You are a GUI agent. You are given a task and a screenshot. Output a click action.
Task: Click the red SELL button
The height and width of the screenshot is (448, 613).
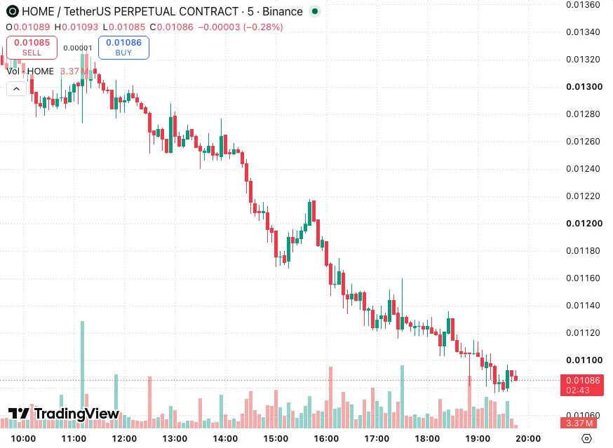pyautogui.click(x=32, y=48)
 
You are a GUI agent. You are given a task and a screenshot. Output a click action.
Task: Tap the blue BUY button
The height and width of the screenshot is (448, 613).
pyautogui.click(x=123, y=48)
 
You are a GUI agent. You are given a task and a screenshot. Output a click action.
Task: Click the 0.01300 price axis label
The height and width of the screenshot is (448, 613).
pyautogui.click(x=584, y=87)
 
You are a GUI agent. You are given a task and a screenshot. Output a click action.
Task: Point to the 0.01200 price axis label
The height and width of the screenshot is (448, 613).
pyautogui.click(x=584, y=224)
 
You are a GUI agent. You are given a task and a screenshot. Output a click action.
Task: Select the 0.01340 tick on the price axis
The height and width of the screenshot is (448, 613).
pyautogui.click(x=583, y=32)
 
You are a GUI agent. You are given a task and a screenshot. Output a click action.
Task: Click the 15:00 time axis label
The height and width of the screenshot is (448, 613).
pyautogui.click(x=276, y=439)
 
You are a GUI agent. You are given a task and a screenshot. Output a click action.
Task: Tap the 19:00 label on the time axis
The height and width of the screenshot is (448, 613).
pyautogui.click(x=478, y=439)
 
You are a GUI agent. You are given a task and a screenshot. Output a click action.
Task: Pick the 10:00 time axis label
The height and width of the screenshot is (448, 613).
pyautogui.click(x=23, y=439)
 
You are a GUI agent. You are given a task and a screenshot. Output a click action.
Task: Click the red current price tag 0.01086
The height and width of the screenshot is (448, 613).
pyautogui.click(x=581, y=385)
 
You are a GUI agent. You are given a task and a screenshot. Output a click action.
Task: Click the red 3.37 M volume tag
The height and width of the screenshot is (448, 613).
pyautogui.click(x=579, y=423)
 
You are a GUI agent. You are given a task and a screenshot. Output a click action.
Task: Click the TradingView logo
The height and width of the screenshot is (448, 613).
pyautogui.click(x=64, y=414)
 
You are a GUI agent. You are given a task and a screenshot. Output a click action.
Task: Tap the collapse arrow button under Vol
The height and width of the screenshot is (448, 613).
pyautogui.click(x=16, y=89)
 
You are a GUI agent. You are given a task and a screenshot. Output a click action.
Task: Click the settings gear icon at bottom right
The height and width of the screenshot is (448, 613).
pyautogui.click(x=586, y=439)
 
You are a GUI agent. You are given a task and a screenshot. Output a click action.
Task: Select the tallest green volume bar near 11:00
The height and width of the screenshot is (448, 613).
pyautogui.click(x=83, y=374)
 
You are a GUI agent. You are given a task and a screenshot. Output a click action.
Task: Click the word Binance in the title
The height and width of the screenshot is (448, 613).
pyautogui.click(x=282, y=12)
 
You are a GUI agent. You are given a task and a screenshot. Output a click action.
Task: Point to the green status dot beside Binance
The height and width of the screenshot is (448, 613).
pyautogui.click(x=315, y=11)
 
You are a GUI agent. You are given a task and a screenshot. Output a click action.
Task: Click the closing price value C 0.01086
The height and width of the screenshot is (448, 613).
pyautogui.click(x=172, y=27)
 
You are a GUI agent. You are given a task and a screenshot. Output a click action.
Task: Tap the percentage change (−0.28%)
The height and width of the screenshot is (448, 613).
pyautogui.click(x=263, y=27)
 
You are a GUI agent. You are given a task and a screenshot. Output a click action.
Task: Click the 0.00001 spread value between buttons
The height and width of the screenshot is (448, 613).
pyautogui.click(x=78, y=48)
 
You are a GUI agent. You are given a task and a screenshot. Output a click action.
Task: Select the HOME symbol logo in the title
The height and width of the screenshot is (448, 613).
pyautogui.click(x=13, y=11)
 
